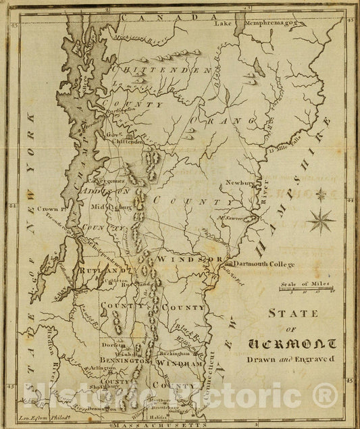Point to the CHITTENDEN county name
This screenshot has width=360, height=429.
[x=158, y=70]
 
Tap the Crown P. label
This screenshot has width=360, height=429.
[x=51, y=209]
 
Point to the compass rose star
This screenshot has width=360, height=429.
[x=321, y=219]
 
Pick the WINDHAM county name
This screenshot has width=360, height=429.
[x=179, y=363]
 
